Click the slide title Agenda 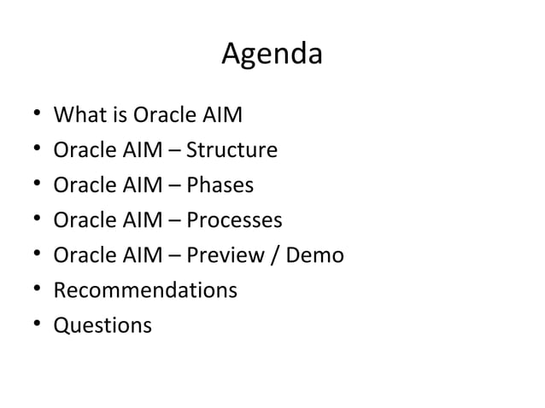272,55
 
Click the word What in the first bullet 77,115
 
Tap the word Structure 231,151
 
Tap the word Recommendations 145,291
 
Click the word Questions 103,326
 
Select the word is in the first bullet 114,115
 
